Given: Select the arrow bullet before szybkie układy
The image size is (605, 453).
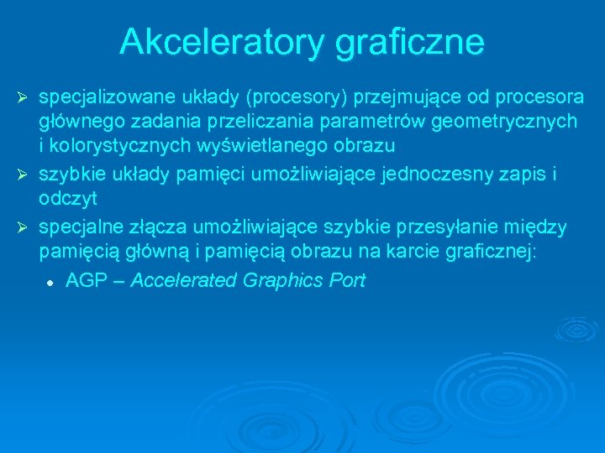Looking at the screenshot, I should point(24,175).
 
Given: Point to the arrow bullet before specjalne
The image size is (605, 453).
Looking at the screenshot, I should point(24,229).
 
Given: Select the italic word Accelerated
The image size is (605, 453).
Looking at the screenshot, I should point(184,281).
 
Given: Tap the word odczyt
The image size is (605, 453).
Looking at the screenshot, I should point(68,198).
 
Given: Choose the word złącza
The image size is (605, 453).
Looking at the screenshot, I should point(161,227).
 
